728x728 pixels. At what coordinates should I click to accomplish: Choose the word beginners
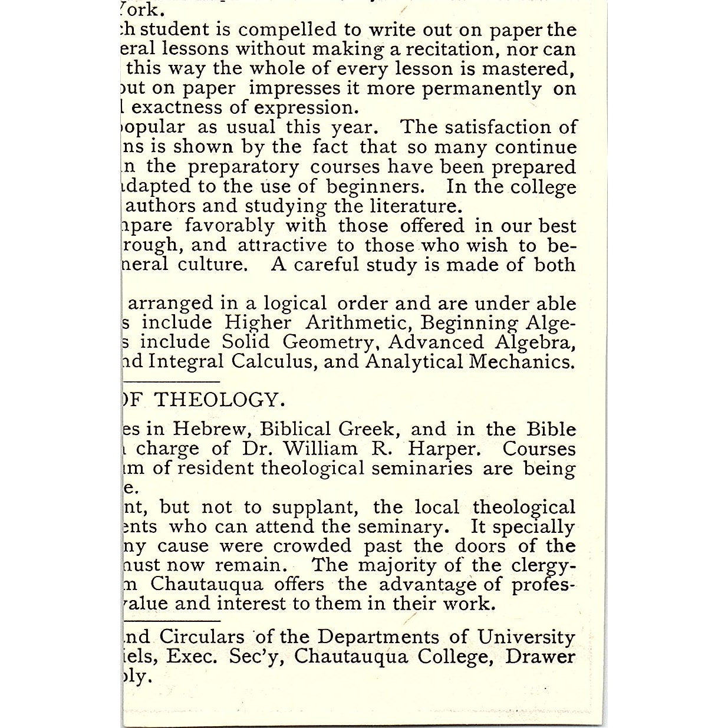pos(373,187)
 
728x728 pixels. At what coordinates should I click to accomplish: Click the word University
pos(526,637)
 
